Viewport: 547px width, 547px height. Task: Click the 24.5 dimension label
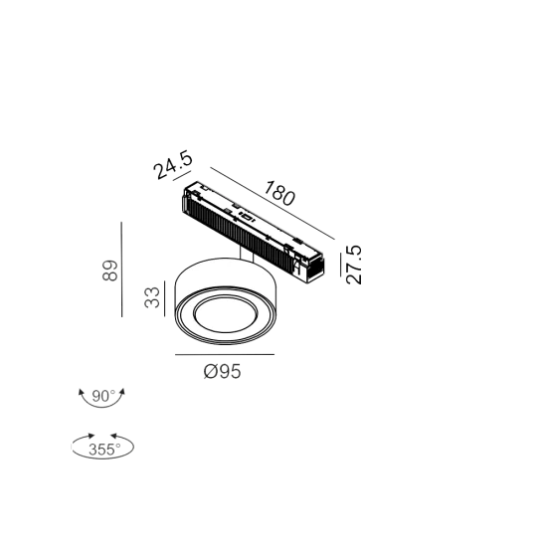tap(173, 165)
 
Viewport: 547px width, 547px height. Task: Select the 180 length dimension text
tap(279, 193)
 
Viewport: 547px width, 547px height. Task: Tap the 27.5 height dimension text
tap(354, 265)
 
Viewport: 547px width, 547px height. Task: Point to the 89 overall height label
tap(110, 271)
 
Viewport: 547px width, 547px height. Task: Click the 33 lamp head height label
tap(152, 297)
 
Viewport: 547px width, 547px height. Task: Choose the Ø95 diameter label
tap(222, 371)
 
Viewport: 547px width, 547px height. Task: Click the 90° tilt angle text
tap(103, 396)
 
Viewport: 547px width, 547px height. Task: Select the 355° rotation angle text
tap(104, 450)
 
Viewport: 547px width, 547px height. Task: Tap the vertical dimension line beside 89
tap(121, 270)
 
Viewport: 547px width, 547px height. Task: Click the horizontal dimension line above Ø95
tap(225, 354)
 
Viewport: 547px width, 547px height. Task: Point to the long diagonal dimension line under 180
tap(273, 203)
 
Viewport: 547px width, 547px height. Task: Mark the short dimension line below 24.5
tap(182, 175)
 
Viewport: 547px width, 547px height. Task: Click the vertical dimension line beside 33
tap(165, 298)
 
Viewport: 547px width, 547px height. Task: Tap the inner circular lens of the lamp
tap(225, 315)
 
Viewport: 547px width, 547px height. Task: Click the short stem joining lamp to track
tap(247, 255)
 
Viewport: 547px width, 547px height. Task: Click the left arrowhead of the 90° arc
tap(82, 393)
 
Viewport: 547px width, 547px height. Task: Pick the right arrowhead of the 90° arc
tap(122, 392)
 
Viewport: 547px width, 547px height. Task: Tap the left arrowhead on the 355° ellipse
tap(91, 436)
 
